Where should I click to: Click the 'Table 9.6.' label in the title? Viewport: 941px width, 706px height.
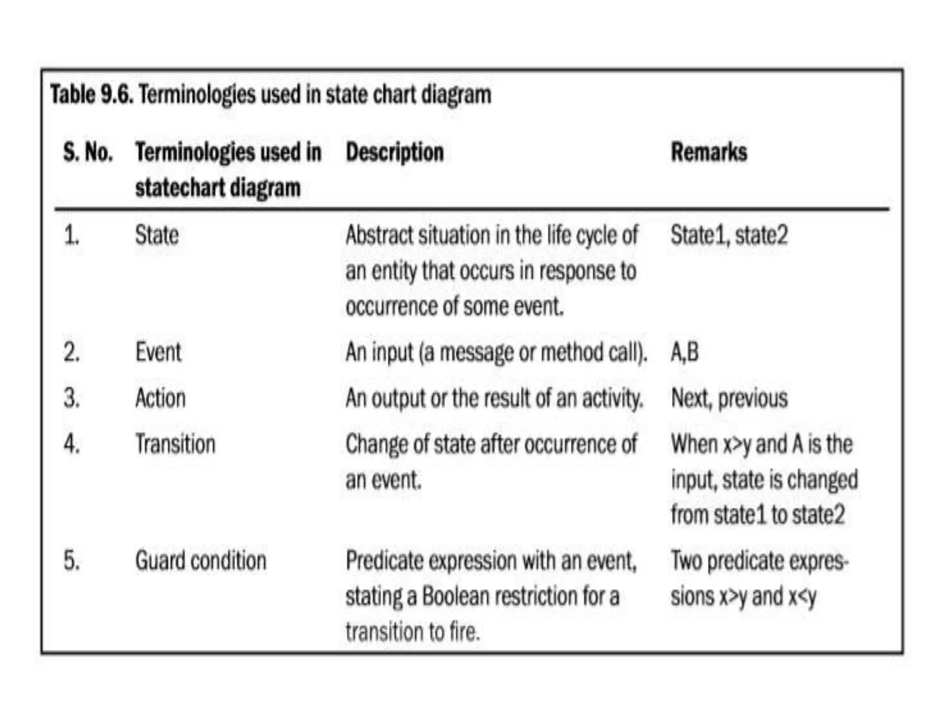[92, 95]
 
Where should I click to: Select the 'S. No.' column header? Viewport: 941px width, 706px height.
[88, 152]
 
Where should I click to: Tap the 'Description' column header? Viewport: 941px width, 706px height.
[395, 152]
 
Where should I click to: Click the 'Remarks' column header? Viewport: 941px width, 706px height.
[709, 152]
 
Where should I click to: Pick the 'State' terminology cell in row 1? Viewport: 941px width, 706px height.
[157, 235]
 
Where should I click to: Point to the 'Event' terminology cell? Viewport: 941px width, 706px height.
[158, 353]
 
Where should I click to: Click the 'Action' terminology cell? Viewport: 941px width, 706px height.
[160, 398]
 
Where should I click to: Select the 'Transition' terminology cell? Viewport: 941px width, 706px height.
[175, 444]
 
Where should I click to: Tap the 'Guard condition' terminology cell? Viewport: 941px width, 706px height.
[201, 561]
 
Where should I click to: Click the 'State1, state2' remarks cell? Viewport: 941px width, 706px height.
[729, 235]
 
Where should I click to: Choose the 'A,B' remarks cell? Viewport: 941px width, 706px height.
[685, 353]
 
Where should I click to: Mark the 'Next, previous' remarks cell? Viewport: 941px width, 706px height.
[729, 398]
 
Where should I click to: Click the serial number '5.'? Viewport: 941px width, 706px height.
[72, 561]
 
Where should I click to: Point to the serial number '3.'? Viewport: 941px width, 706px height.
[72, 398]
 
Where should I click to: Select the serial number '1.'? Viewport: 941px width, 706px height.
[72, 235]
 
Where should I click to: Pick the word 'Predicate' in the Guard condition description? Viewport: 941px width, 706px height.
[385, 561]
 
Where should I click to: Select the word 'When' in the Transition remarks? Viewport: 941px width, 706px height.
[694, 444]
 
